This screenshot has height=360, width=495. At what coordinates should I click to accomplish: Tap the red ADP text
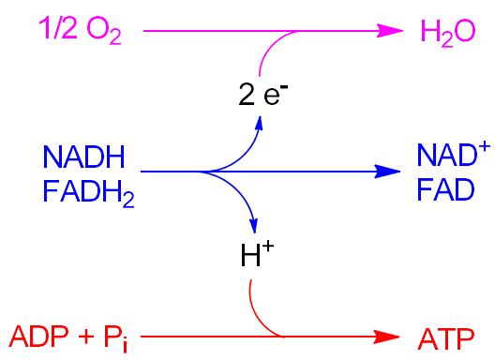coord(39,335)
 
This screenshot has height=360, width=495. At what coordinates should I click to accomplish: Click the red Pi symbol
coord(116,337)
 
